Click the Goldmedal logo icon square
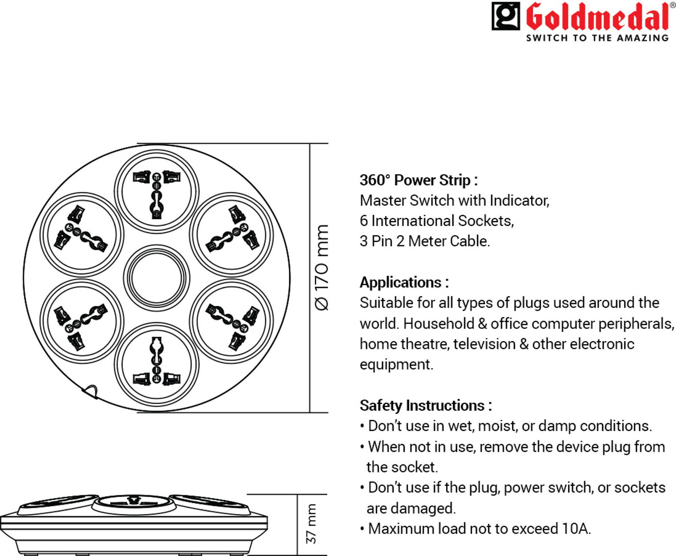506,16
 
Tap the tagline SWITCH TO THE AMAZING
597,38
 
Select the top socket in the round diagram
157,191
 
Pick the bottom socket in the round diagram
157,365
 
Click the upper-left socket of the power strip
82,234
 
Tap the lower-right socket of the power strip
231,321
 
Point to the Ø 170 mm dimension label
322,267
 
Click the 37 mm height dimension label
312,524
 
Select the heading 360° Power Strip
418,180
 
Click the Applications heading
404,282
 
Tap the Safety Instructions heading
425,405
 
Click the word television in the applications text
484,344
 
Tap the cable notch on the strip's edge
90,391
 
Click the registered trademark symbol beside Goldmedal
672,6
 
